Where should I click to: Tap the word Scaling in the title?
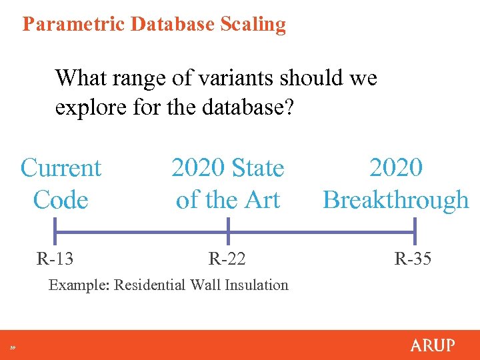pos(256,24)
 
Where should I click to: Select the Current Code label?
pos(61,183)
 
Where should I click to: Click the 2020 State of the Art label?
pos(228,183)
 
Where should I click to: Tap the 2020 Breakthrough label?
pos(396,183)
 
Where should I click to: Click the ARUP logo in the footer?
pos(433,345)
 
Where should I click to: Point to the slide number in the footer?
pos(13,347)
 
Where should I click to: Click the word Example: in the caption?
pos(79,285)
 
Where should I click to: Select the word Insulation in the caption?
pos(256,285)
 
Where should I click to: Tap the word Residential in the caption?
pos(151,285)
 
